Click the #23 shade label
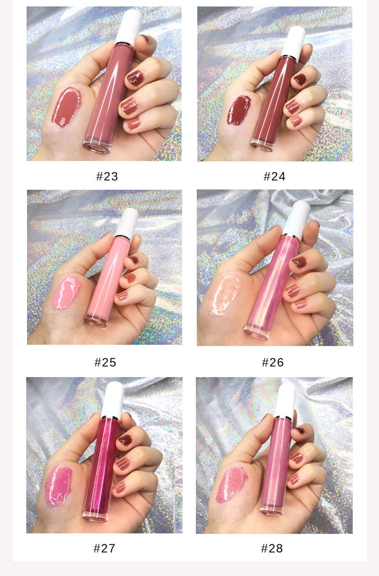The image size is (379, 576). coord(107,177)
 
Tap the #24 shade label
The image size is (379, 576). coord(274,177)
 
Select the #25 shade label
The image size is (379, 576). coord(105,363)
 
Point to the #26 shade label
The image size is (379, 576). coord(272,363)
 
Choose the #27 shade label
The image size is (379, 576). coord(104,549)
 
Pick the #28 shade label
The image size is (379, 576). coord(272,549)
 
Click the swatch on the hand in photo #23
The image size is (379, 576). coord(66,107)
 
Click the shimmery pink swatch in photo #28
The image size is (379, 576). coord(231,484)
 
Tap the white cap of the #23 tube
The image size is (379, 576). coord(129,26)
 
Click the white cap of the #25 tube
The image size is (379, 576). coord(127,222)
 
